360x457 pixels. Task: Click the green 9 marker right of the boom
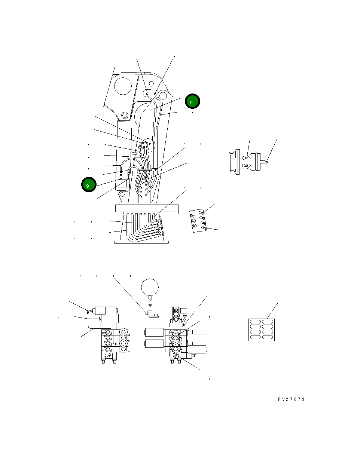coord(192,101)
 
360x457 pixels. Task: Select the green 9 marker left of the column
coord(89,184)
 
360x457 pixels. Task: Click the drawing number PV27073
coord(292,399)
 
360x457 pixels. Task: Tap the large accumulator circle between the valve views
coord(150,287)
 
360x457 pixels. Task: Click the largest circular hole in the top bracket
coord(123,86)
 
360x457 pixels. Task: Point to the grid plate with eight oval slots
coord(262,330)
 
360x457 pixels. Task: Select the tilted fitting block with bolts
coord(198,221)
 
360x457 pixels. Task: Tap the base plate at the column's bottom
coord(141,242)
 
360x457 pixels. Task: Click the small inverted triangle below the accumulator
coord(150,306)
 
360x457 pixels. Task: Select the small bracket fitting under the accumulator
coord(152,314)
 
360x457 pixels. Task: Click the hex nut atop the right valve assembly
coord(176,311)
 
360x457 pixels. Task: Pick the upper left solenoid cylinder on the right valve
coord(155,332)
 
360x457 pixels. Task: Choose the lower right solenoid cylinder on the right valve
coord(197,349)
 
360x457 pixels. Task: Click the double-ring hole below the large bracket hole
coord(125,116)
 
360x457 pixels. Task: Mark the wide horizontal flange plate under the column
coord(147,208)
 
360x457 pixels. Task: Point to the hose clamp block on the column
coord(155,170)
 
